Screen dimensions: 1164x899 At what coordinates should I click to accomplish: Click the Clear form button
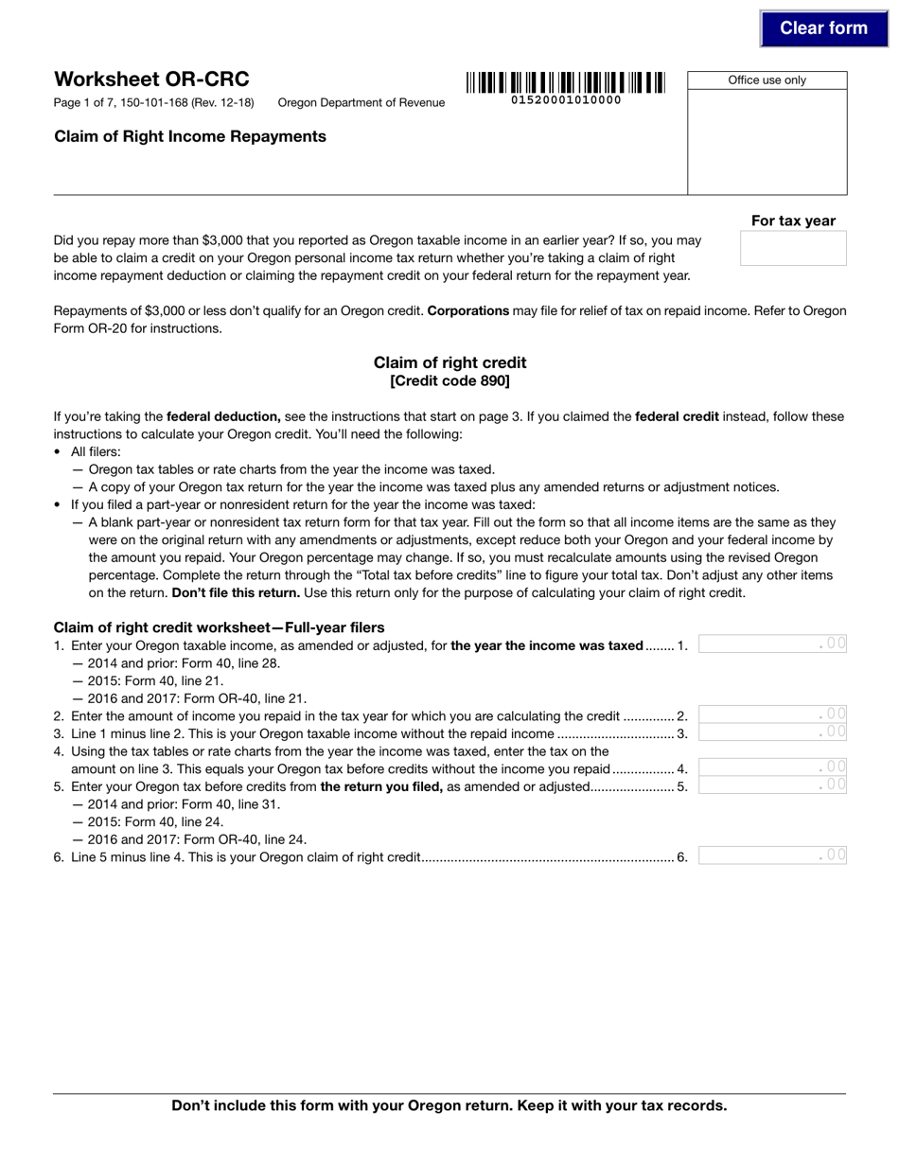coord(823,28)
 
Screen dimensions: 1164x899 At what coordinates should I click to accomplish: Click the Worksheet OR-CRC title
coord(151,79)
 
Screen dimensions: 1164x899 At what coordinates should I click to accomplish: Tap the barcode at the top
coord(565,82)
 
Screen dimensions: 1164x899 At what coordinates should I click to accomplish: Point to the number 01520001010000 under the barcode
coord(566,100)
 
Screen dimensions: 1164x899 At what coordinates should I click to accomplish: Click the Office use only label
coord(767,80)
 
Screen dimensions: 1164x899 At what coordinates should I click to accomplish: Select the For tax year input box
coord(793,248)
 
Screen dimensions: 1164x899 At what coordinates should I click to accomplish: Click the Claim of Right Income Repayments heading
coord(190,136)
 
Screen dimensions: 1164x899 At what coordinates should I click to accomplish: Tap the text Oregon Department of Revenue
coord(361,103)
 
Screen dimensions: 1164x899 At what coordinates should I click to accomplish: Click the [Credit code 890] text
coord(449,381)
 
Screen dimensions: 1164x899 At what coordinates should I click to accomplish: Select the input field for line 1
coord(772,644)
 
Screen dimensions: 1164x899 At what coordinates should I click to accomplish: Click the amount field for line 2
coord(772,714)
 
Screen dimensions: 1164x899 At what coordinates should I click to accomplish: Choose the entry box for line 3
coord(772,732)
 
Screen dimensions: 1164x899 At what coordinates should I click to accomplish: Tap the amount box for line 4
coord(772,767)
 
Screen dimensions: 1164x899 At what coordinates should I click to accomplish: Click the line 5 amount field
coord(772,785)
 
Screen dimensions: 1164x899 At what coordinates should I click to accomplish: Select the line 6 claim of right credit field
coord(772,855)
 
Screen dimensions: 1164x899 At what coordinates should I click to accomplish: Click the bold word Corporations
coord(468,311)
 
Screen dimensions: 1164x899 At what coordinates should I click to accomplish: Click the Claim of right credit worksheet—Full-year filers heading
coord(219,627)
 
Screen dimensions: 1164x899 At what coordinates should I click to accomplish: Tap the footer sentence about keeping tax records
coord(449,1105)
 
